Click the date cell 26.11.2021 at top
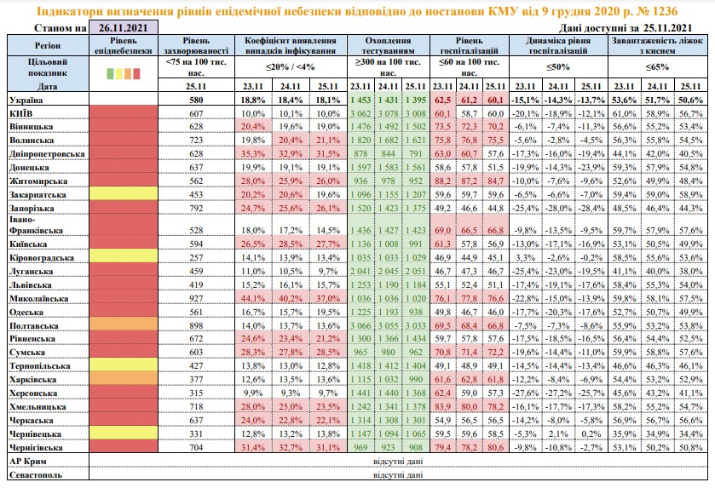[123, 27]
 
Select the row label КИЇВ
[20, 113]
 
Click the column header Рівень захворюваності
[198, 46]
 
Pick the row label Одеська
[26, 313]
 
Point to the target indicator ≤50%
[557, 66]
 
